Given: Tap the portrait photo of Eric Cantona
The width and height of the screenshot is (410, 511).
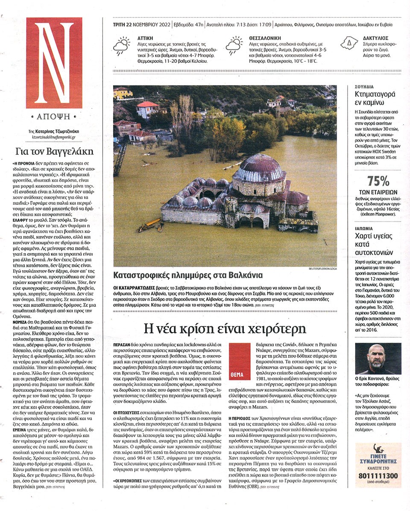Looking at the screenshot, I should tap(378, 359).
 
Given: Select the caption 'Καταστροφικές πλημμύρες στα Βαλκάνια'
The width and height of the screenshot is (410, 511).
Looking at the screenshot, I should tap(188, 274).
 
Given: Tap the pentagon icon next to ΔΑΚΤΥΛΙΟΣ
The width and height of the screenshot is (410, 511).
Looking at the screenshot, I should tap(349, 43).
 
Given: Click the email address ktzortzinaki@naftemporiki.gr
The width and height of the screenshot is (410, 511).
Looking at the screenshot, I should tap(54, 137).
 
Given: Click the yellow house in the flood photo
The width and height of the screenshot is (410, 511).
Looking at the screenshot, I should tap(123, 93).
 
